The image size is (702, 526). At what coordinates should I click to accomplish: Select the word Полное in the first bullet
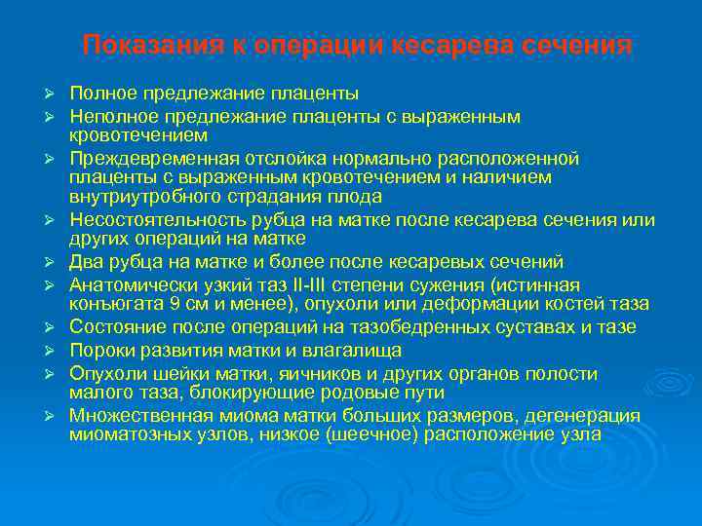[104, 94]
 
